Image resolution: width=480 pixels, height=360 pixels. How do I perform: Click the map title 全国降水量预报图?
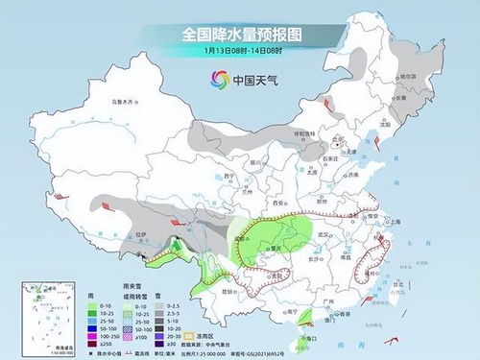239,34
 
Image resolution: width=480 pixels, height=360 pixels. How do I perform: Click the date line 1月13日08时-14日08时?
239,50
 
